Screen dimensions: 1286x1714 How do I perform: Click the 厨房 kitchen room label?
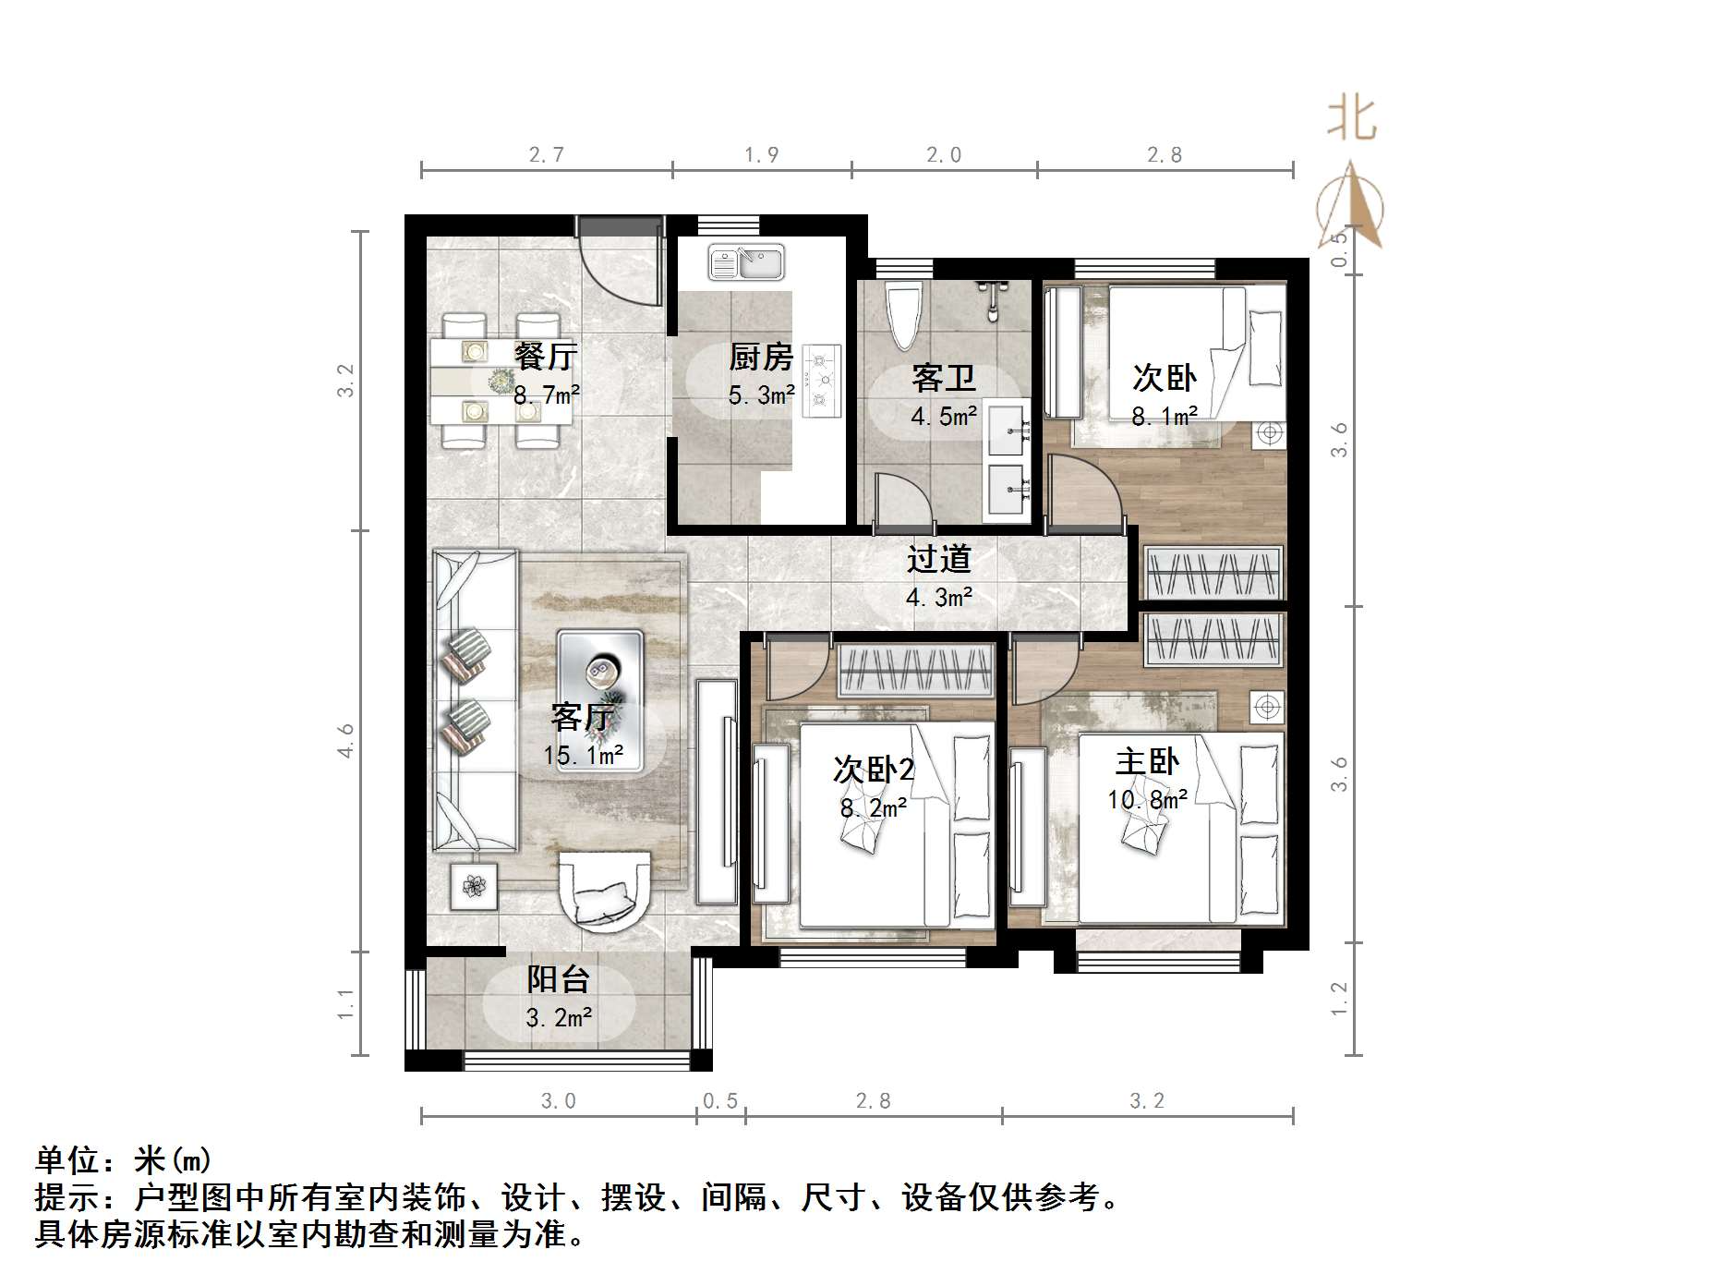pos(760,357)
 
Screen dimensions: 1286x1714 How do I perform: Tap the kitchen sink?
pos(746,263)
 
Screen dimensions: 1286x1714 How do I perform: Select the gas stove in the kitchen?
pos(821,380)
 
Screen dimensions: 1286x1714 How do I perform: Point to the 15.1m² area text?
pos(583,756)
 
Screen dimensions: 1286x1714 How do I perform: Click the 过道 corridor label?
pos(938,559)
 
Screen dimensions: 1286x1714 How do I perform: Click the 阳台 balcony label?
pos(558,979)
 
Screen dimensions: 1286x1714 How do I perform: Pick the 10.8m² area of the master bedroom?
pos(1148,800)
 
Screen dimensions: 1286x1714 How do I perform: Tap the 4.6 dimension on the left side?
pos(346,741)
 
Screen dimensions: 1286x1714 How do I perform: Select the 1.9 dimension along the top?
pos(762,155)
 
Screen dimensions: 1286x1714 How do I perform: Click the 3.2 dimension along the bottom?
pos(1147,1101)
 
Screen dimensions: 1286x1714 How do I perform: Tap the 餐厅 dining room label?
pos(546,357)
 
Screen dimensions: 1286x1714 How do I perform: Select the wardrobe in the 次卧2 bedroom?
pos(915,671)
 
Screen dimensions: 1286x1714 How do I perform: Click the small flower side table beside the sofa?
pos(474,887)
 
